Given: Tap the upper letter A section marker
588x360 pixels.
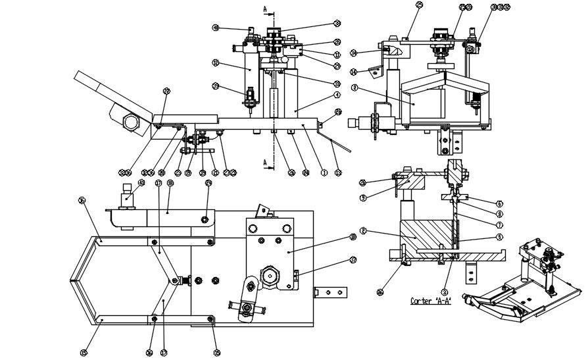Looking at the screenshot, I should point(264,9).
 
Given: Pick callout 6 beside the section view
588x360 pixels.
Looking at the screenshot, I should point(499,203).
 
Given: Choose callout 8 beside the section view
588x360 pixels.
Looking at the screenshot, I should point(499,213).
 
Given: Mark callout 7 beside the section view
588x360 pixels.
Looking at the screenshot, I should point(499,224).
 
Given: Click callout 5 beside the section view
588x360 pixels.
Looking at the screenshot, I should point(499,237).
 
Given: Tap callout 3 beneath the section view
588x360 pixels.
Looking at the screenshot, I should point(445,291).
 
